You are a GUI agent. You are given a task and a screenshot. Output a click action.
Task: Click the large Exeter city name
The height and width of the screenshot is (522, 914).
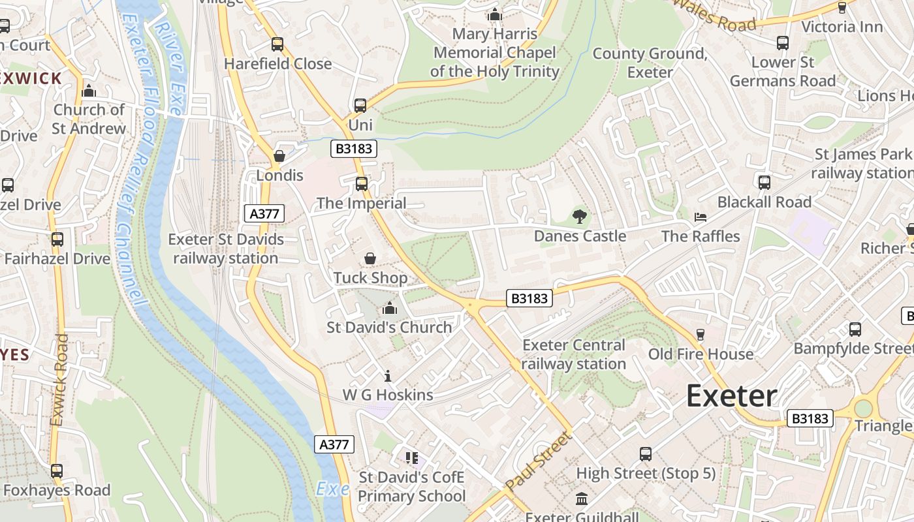click(x=731, y=396)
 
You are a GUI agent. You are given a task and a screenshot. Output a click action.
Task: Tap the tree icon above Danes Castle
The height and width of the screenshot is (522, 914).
click(x=579, y=216)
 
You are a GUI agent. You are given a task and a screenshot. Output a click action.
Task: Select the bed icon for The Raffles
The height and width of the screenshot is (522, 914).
click(x=701, y=217)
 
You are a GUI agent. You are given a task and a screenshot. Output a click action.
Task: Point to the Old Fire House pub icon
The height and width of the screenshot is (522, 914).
click(x=701, y=335)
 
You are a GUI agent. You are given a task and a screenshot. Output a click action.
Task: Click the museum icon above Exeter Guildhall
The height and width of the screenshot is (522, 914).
click(x=581, y=499)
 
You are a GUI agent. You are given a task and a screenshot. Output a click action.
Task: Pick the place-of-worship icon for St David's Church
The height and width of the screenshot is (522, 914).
click(x=390, y=307)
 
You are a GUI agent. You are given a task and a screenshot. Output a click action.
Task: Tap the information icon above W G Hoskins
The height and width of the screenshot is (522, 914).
click(x=388, y=376)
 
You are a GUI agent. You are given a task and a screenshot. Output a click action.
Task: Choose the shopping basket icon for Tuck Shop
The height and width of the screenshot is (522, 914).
click(x=370, y=258)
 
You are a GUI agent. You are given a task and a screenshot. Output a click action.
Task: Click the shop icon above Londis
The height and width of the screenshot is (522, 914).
click(x=279, y=156)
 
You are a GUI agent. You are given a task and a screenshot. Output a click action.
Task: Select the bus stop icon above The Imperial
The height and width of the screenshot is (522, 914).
click(x=361, y=183)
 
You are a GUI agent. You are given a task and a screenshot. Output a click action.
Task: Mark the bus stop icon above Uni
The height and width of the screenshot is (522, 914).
click(x=360, y=105)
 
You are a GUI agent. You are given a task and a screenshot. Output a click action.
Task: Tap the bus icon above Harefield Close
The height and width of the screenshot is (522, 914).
click(x=277, y=44)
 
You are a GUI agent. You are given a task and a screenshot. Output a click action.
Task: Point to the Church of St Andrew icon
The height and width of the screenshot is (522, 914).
click(x=89, y=91)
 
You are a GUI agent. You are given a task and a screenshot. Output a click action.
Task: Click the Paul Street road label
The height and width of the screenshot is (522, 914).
click(x=537, y=461)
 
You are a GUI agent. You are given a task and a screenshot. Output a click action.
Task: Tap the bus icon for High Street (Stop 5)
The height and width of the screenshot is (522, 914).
click(x=646, y=453)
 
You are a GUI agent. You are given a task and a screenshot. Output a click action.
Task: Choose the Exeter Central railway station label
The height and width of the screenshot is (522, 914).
click(x=574, y=354)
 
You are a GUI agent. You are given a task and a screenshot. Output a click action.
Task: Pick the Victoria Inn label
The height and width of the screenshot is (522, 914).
click(x=842, y=27)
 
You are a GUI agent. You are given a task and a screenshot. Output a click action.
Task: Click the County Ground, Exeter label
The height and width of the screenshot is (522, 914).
click(x=650, y=63)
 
